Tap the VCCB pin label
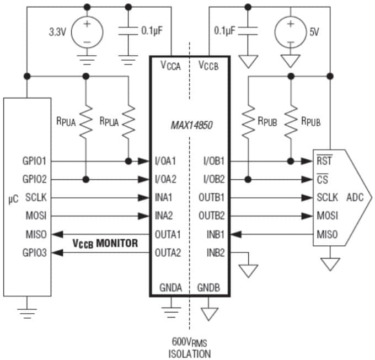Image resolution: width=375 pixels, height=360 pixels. pyautogui.click(x=209, y=65)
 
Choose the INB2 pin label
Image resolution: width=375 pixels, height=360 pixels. pyautogui.click(x=215, y=253)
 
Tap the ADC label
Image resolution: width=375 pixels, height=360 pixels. pyautogui.click(x=355, y=197)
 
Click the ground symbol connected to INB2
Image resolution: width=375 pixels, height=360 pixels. pyautogui.click(x=249, y=271)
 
